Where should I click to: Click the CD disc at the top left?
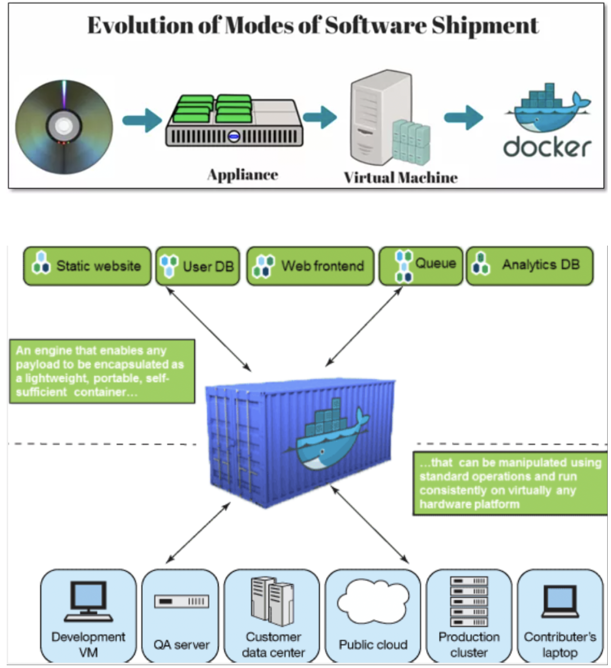point(64,127)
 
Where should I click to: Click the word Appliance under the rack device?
point(242,175)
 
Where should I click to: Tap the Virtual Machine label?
point(400,178)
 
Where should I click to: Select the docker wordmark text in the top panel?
point(547,147)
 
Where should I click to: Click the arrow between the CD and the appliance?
point(142,119)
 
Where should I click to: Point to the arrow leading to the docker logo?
point(463,117)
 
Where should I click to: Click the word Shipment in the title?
point(485,26)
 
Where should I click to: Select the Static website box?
point(87,266)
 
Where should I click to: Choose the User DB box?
point(198,266)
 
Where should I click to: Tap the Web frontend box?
point(310,266)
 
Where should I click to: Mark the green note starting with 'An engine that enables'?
point(102,371)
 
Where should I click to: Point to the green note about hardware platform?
point(510,483)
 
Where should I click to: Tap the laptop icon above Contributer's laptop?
point(560,601)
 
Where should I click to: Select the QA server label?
point(181,645)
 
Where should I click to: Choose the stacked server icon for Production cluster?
point(469,601)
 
